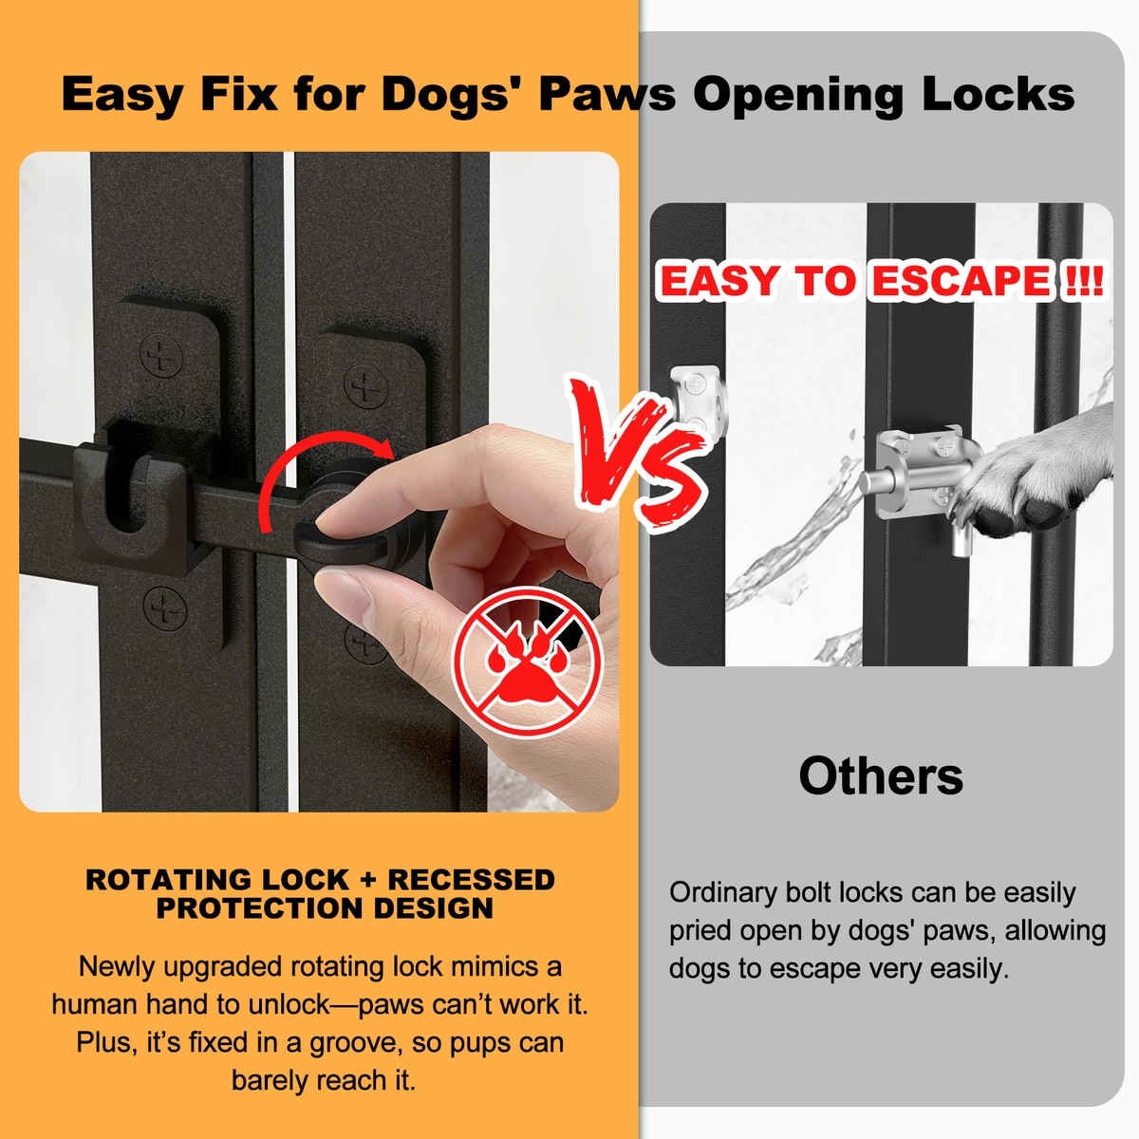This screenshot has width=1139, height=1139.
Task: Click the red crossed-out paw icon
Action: click(x=527, y=661)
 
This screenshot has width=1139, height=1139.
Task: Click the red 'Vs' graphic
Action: click(x=640, y=451)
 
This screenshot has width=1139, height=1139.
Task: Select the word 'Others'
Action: click(x=881, y=775)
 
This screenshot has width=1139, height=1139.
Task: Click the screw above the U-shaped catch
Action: click(x=161, y=355)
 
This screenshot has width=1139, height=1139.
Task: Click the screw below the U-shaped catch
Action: click(x=165, y=608)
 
